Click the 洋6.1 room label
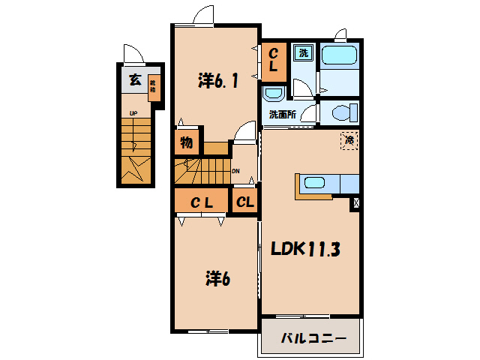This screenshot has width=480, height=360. coord(218,80)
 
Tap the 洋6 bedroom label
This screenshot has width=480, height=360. coord(217,279)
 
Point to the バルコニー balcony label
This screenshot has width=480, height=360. coord(313,337)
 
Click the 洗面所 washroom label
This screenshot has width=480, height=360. coord(282,115)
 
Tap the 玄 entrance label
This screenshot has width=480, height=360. coord(133,81)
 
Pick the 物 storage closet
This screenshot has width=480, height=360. coord(186,142)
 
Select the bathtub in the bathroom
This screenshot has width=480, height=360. coord(341,57)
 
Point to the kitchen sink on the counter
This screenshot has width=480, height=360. coord(313,182)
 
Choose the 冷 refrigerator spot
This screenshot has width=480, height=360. coord(349,139)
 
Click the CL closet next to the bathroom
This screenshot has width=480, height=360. coord(274,59)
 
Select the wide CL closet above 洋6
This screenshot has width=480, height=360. coord(199,201)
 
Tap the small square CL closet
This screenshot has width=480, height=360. coord(244,201)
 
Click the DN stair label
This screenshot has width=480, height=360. coord(235,170)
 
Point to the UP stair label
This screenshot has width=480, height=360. coord(133,114)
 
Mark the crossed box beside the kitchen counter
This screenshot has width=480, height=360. coord(355,202)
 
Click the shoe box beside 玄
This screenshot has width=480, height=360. coord(152,87)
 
